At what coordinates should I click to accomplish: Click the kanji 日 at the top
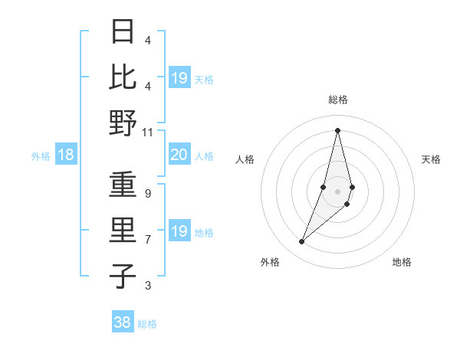(123, 33)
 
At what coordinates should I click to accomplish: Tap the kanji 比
(123, 77)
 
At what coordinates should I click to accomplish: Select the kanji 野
(123, 123)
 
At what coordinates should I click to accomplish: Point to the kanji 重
(123, 186)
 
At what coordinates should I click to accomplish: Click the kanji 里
(123, 231)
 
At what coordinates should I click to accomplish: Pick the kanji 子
(123, 277)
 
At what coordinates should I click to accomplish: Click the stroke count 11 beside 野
(147, 132)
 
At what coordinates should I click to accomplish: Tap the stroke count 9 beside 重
(147, 194)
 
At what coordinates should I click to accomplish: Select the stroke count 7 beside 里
(147, 240)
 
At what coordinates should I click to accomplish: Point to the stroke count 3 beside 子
(147, 286)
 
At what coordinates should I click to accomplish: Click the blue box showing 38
(123, 322)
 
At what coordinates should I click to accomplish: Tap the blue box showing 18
(66, 155)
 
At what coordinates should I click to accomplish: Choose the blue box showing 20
(179, 155)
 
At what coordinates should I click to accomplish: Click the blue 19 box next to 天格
(179, 78)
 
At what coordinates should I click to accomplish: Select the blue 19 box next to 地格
(179, 231)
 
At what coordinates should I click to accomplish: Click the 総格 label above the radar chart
(337, 100)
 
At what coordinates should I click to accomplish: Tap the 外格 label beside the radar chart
(270, 263)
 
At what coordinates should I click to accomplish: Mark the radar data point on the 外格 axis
(302, 242)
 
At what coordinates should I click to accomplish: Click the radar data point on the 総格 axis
(337, 130)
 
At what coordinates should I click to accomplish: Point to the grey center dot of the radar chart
(337, 191)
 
